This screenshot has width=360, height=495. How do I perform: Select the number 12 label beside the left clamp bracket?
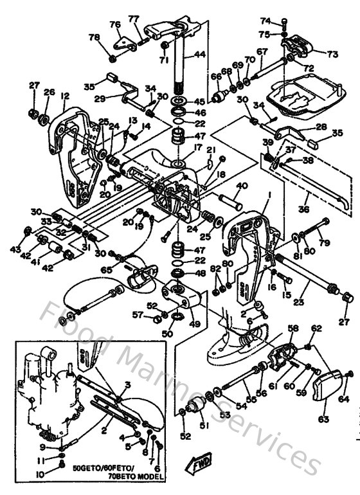click(64, 96)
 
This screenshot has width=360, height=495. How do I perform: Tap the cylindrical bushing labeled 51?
click(197, 407)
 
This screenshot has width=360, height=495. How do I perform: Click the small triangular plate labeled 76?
click(120, 44)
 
